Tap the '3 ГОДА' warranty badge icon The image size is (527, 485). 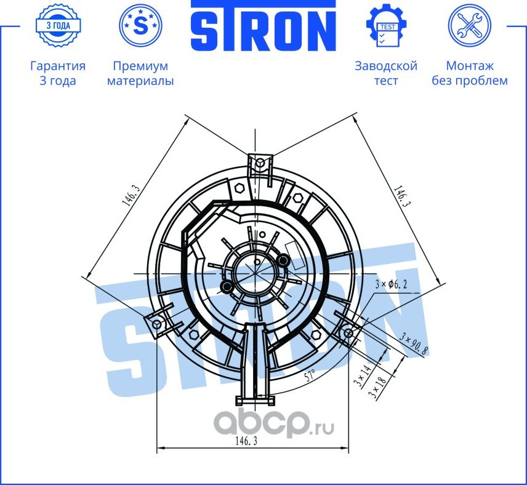tap(57, 26)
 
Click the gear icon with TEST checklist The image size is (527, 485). tap(386, 26)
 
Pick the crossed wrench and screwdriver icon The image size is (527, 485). tap(469, 26)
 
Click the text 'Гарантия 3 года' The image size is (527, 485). tap(57, 73)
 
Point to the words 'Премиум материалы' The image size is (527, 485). tap(140, 73)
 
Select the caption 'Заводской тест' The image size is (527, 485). tap(386, 73)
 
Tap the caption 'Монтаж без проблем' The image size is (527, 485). tap(469, 73)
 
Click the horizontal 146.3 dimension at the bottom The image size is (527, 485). tap(246, 441)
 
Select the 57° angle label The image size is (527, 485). tap(310, 375)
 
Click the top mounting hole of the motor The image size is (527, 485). tap(260, 162)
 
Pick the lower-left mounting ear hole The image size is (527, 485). tap(156, 324)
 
